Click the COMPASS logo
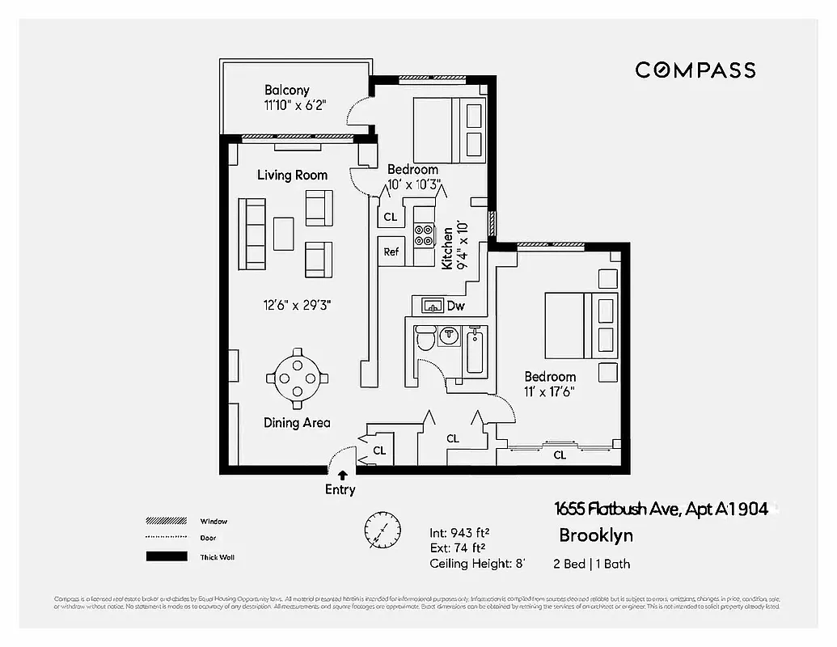point(695,70)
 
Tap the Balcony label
point(287,91)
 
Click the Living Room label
point(292,175)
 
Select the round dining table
point(297,378)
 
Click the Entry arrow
point(343,476)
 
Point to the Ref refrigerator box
point(391,252)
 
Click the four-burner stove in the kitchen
point(424,235)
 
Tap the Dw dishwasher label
point(455,306)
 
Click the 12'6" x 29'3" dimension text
point(297,305)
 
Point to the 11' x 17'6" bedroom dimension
point(550,391)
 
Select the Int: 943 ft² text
point(460,533)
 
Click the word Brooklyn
point(596,535)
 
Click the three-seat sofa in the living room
point(252,234)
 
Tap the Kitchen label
point(446,247)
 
